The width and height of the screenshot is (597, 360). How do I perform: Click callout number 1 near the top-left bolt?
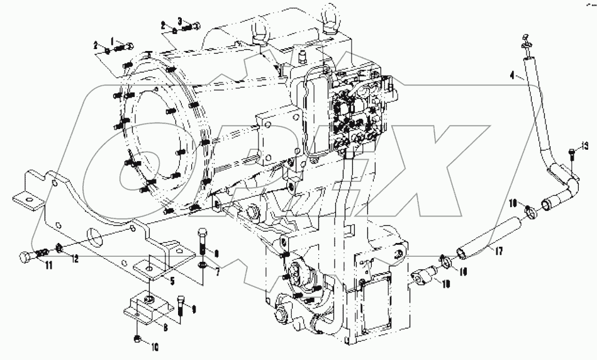(x=113, y=41)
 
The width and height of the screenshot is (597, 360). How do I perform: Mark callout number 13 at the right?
(x=585, y=147)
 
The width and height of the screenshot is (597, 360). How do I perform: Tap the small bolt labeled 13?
(x=571, y=152)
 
